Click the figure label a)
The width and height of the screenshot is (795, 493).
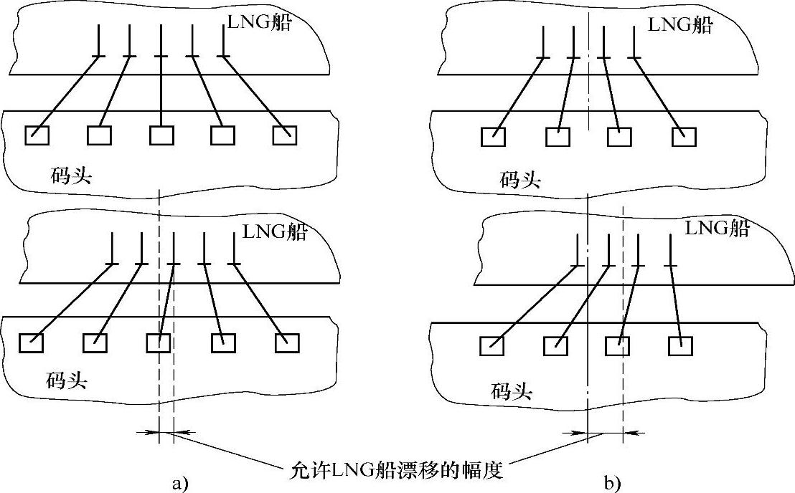pos(179,484)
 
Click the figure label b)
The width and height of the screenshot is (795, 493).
pos(611,484)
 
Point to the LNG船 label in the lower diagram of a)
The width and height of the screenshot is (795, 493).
pos(275,231)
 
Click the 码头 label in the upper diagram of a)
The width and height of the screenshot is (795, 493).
pos(71,176)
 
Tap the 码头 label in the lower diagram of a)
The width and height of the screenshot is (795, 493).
pos(67,380)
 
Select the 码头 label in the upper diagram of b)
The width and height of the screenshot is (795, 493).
pos(520,179)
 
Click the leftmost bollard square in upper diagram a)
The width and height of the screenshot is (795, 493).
pos(37,135)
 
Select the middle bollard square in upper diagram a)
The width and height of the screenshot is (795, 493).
pos(161,135)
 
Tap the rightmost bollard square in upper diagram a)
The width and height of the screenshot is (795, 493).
pos(285,135)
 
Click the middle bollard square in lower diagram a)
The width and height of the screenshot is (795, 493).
pos(158,343)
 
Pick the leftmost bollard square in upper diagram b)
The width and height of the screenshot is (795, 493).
pos(493,137)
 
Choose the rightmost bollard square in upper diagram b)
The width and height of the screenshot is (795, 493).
pos(684,137)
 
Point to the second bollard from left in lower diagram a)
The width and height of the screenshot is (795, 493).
pos(95,343)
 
